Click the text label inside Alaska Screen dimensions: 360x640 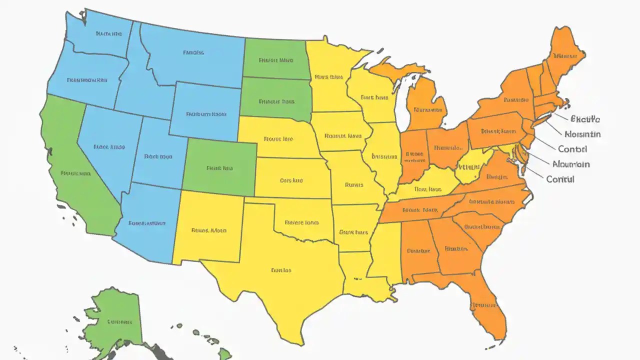(119, 321)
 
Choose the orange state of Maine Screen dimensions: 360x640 (565, 55)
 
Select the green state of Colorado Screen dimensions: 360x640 (220, 167)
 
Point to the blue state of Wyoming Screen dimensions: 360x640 (205, 112)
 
